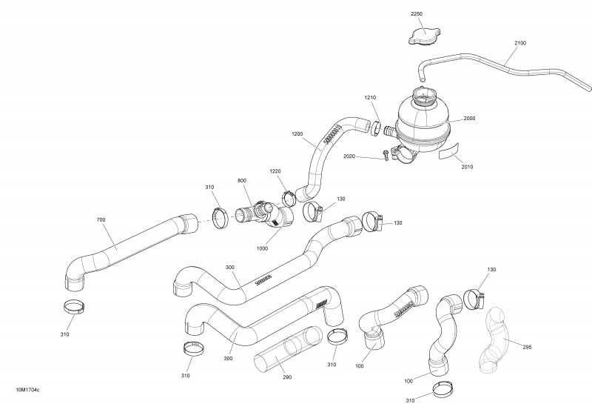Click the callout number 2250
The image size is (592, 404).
tap(416, 14)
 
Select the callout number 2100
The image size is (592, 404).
tap(520, 43)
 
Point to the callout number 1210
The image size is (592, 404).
tap(370, 98)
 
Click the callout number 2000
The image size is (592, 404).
tap(470, 119)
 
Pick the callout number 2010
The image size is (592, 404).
tap(467, 167)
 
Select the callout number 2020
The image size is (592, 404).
tap(350, 156)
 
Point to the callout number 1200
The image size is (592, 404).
tap(297, 134)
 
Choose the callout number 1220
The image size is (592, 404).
tap(275, 171)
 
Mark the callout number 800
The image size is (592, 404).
tap(242, 181)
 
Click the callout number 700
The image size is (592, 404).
tap(101, 220)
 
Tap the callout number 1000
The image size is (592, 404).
tap(262, 248)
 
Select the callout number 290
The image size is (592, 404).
tap(288, 377)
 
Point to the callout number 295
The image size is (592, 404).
tap(527, 346)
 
